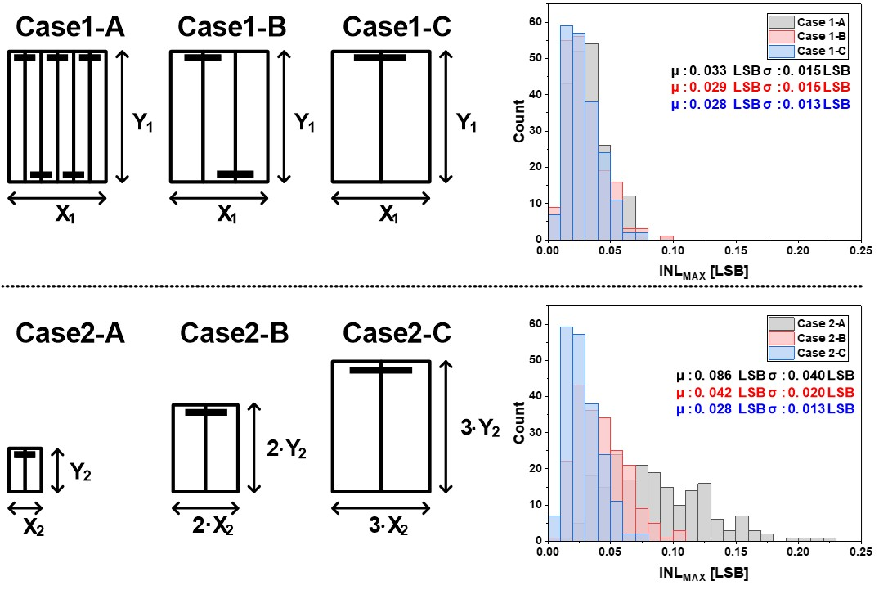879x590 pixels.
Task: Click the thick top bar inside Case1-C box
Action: pyautogui.click(x=380, y=58)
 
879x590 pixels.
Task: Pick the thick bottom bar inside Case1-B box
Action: pyautogui.click(x=235, y=173)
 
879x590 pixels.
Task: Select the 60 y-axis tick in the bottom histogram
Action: pyautogui.click(x=536, y=324)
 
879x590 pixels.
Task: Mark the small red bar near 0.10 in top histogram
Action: pyautogui.click(x=666, y=236)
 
